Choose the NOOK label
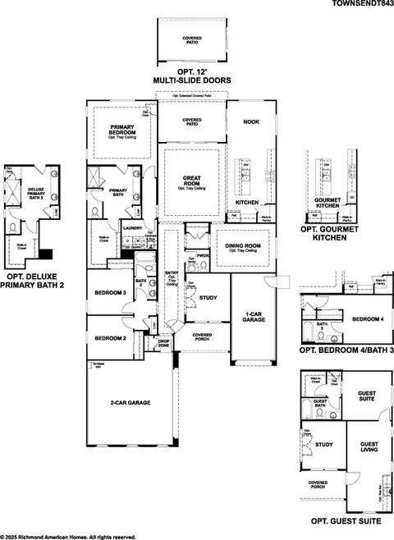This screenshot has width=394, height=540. click(252, 121)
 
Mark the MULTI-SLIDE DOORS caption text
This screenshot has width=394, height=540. click(191, 80)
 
